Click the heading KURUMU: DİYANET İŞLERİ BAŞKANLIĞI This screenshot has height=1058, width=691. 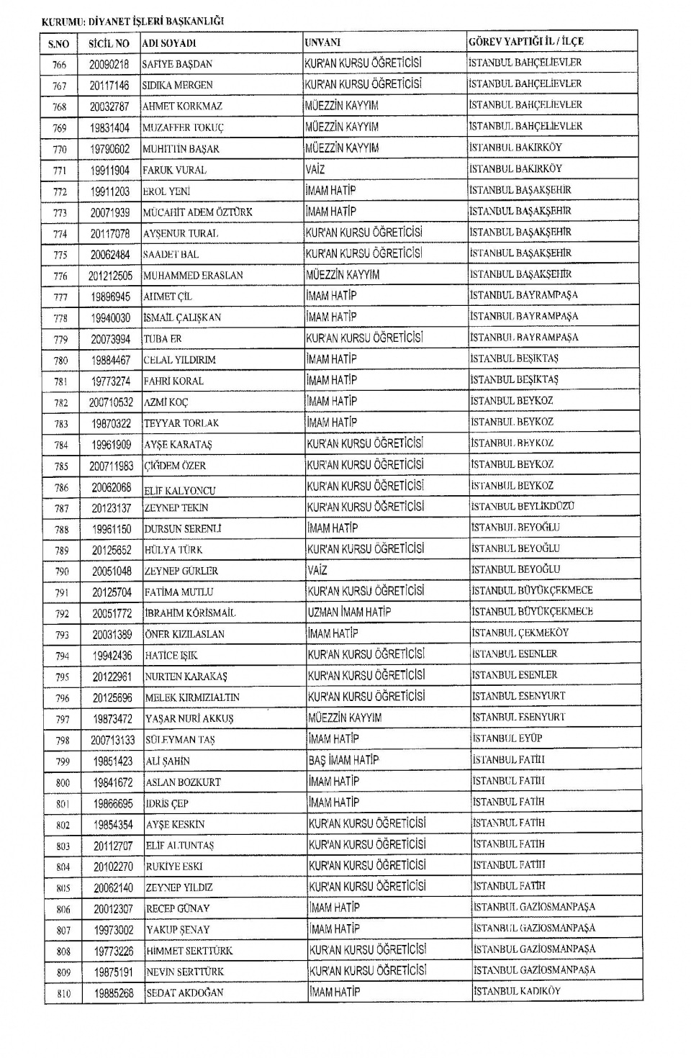click(133, 21)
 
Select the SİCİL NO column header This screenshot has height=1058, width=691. click(109, 43)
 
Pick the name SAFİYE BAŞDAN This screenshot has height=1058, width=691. click(177, 64)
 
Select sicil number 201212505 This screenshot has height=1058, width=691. click(111, 276)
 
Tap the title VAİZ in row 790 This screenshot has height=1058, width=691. click(317, 570)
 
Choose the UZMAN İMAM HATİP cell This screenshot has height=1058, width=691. click(350, 612)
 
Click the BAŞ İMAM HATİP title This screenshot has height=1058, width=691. click(344, 760)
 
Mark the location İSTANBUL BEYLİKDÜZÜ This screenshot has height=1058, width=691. click(523, 507)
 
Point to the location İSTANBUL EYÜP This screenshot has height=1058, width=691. click(507, 738)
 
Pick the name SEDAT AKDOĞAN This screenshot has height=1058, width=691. click(185, 993)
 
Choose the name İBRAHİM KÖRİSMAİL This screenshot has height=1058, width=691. click(190, 613)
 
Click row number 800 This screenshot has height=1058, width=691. click(63, 782)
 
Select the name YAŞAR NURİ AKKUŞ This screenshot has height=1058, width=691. click(189, 718)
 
